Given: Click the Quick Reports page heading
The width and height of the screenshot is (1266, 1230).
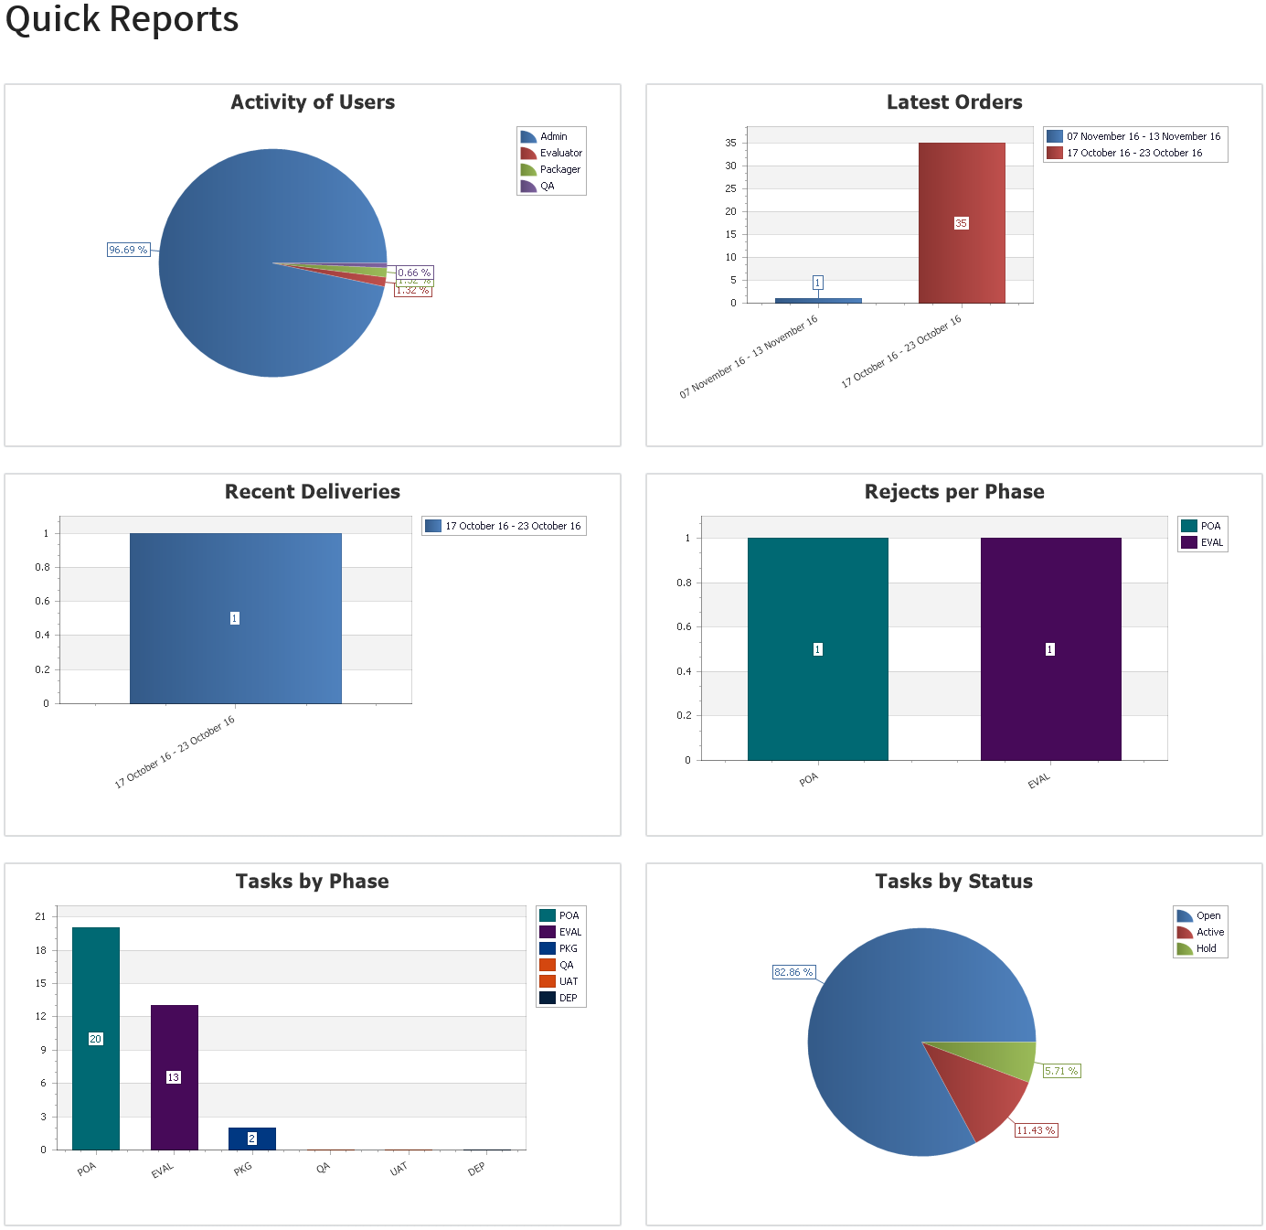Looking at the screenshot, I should pyautogui.click(x=122, y=18).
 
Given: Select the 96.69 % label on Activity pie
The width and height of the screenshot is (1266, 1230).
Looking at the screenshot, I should pyautogui.click(x=128, y=250).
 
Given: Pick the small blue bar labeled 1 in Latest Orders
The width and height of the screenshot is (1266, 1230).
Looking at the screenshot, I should pyautogui.click(x=818, y=300).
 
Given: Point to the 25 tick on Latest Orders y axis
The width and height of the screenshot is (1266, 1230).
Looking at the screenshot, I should pyautogui.click(x=730, y=188).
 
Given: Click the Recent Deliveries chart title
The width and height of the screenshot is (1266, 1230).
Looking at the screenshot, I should pyautogui.click(x=313, y=492).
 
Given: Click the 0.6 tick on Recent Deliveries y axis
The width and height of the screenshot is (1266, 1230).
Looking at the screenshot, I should pyautogui.click(x=43, y=601).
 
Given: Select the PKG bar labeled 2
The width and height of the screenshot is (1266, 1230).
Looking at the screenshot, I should pyautogui.click(x=251, y=1139).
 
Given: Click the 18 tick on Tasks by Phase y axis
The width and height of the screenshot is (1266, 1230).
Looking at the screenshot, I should pyautogui.click(x=40, y=950).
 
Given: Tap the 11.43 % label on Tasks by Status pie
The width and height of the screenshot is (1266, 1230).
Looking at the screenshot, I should pyautogui.click(x=1036, y=1130).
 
